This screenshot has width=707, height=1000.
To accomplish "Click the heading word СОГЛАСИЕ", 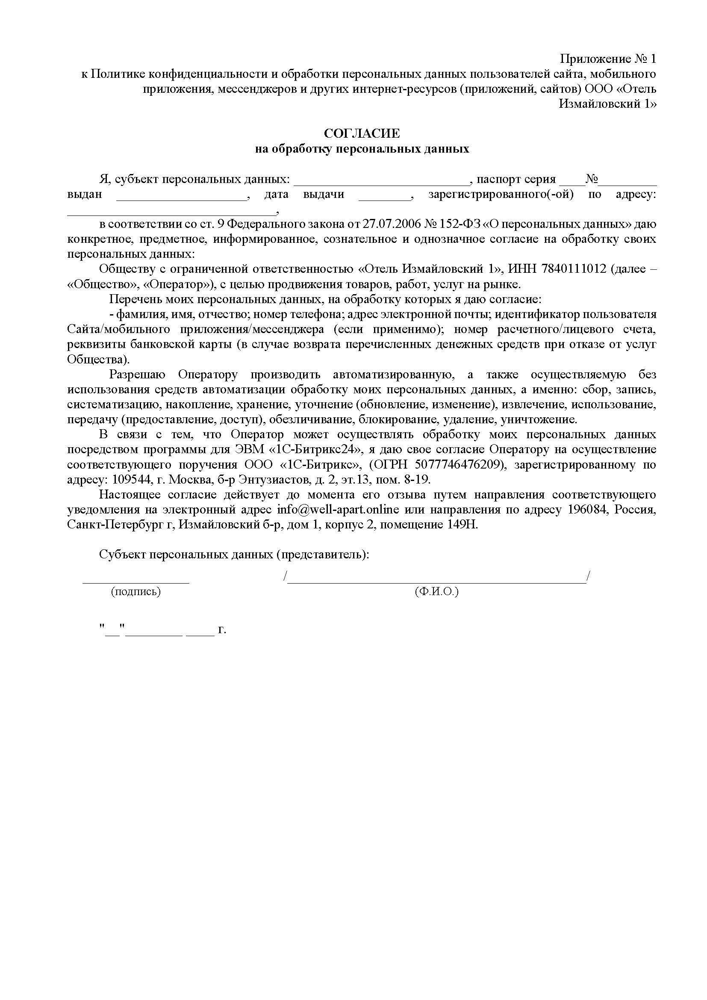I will (362, 133).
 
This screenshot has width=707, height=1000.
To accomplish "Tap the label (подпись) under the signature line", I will (136, 591).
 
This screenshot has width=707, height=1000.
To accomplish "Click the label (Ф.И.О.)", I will (437, 591).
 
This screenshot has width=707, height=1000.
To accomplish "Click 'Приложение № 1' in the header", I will (607, 59).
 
